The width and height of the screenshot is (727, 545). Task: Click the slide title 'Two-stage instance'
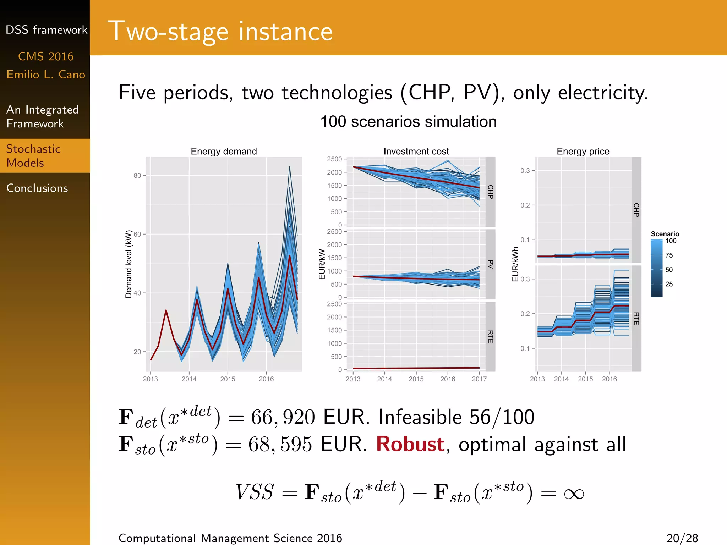point(220,32)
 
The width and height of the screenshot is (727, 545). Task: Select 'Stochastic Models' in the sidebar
point(33,156)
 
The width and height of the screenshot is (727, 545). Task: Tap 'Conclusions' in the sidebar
point(37,188)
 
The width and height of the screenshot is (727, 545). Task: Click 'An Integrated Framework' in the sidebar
point(42,117)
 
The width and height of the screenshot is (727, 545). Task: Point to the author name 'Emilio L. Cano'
point(46,75)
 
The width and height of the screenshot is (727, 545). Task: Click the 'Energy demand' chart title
point(224,152)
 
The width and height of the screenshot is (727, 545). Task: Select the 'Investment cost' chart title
point(416,152)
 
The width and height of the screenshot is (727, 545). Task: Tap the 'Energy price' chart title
point(583,152)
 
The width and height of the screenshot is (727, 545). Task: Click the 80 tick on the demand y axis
point(137,175)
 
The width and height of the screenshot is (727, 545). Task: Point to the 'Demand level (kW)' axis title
point(129,264)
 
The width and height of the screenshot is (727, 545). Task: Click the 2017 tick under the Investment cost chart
point(479,379)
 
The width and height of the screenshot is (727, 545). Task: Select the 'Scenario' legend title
point(665,234)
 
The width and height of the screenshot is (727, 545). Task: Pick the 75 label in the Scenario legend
point(669,255)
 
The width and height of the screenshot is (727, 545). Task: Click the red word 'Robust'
point(410,444)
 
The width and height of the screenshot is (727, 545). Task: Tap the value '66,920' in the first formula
point(283,417)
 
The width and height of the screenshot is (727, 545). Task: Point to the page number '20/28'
point(682,538)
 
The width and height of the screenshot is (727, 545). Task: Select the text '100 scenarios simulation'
point(408,122)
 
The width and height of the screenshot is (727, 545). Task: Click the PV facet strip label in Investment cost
point(491,264)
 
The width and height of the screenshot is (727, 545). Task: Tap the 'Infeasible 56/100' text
point(456,417)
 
